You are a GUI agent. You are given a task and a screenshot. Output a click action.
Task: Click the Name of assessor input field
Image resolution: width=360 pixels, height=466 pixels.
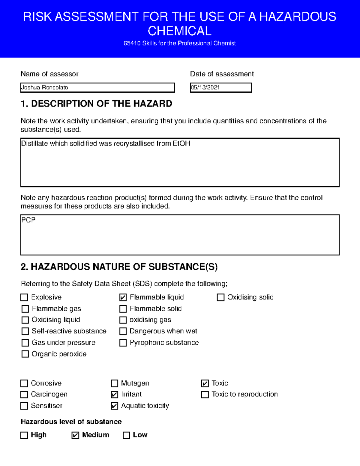97,88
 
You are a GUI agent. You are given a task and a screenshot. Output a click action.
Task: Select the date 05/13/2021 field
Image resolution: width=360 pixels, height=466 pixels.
221,88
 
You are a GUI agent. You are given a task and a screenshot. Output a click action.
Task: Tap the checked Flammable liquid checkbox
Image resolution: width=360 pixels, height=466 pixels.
123,297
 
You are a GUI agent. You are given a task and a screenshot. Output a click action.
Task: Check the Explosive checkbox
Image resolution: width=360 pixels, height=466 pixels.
24,297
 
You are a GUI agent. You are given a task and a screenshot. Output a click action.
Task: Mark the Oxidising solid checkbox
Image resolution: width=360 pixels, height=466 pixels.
220,297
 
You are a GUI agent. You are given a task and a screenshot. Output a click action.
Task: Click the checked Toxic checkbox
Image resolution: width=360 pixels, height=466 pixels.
205,383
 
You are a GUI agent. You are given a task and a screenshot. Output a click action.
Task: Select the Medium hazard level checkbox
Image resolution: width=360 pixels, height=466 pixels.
75,435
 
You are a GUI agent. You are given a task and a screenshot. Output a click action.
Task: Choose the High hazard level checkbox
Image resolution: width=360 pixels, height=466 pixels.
24,435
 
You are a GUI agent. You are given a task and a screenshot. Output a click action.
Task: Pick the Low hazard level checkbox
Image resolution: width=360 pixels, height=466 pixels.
127,435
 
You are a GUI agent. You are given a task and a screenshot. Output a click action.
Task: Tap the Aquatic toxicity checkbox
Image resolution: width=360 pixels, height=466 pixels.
114,406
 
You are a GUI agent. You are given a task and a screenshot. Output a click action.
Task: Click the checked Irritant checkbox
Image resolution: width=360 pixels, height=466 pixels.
114,395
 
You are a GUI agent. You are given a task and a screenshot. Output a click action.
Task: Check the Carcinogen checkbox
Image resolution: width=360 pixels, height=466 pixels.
24,395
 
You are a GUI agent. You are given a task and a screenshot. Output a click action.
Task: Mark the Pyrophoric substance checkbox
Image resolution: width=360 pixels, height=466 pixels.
123,343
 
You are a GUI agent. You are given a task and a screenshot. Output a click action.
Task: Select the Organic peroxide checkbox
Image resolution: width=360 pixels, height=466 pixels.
25,354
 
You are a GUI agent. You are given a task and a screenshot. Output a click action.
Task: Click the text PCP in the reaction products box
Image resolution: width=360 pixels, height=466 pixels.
28,220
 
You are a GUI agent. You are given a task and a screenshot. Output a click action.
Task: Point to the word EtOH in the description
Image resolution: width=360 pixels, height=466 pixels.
181,143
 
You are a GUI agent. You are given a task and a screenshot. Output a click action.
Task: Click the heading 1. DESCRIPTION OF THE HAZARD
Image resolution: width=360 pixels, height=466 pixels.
96,104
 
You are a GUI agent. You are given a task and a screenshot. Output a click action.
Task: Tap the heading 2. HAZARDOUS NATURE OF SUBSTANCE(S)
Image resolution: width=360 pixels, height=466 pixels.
119,267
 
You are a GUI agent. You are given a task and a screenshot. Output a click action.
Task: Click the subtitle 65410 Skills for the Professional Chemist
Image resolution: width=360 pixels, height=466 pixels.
180,43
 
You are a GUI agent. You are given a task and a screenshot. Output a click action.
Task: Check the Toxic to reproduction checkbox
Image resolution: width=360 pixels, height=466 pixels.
205,395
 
